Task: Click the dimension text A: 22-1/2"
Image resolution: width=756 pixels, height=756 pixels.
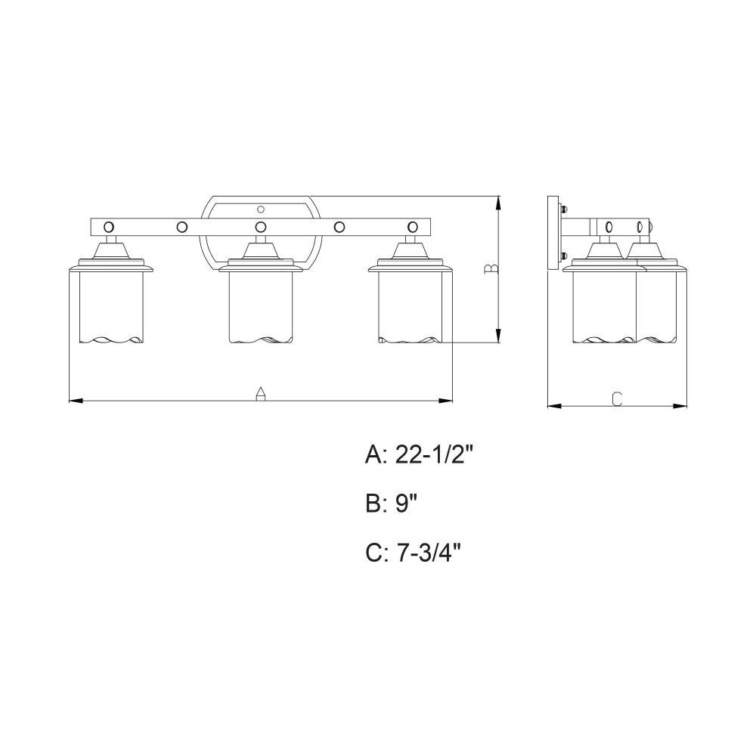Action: pyautogui.click(x=420, y=454)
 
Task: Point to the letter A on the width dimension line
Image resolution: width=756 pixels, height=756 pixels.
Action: pyautogui.click(x=260, y=393)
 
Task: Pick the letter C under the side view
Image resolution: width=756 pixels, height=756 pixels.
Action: pyautogui.click(x=617, y=398)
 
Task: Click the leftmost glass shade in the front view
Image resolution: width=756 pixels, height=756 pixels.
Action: pyautogui.click(x=111, y=307)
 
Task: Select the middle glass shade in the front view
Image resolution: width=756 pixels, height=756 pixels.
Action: pyautogui.click(x=261, y=307)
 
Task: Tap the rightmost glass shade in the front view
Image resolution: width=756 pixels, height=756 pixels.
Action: pyautogui.click(x=411, y=307)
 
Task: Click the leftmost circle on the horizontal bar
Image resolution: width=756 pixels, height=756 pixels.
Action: pyautogui.click(x=109, y=227)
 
